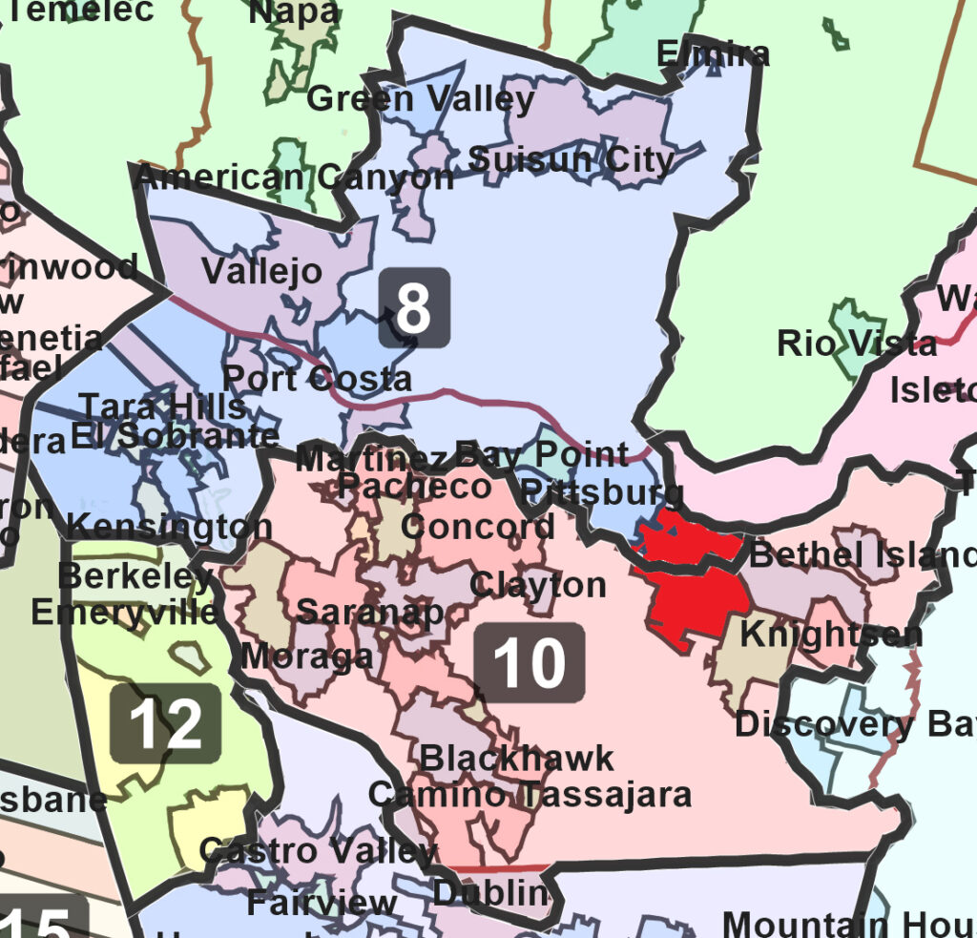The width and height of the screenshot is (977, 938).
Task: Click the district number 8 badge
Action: click(413, 307)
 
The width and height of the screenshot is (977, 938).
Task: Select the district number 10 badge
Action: click(530, 663)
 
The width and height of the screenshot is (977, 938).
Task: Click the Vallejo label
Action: click(261, 271)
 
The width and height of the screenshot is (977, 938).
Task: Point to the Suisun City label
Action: click(572, 159)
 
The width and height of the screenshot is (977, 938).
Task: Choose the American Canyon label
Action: click(295, 177)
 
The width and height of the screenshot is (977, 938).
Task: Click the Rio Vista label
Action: click(857, 343)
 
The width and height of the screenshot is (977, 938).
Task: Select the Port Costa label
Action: click(317, 379)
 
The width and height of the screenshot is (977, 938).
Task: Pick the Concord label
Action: click(477, 526)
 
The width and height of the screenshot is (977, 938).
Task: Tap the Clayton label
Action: click(537, 584)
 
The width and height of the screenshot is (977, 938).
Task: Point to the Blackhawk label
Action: click(517, 759)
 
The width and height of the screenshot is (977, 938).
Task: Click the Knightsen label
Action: click(831, 634)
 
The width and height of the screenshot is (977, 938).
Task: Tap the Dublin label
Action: click(491, 894)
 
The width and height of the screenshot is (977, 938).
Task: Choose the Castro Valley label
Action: click(318, 850)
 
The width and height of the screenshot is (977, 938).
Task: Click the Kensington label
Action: click(169, 526)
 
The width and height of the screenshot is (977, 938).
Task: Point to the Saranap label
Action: click(370, 612)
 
